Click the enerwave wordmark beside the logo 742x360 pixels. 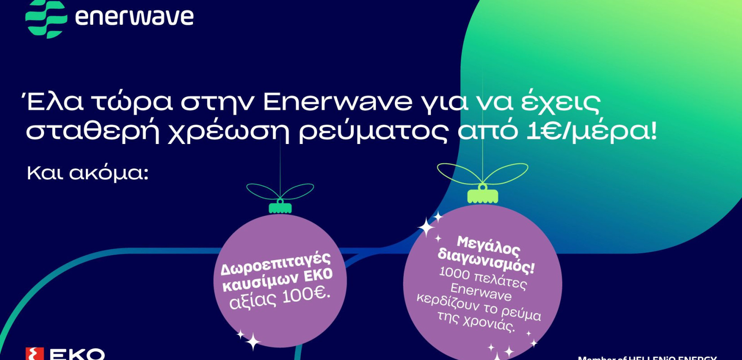coord(134,17)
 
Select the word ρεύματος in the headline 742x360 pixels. coord(373,133)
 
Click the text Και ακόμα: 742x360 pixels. coord(88,173)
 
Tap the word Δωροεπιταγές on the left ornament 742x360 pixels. coord(275,264)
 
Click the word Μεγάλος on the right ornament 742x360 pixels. coord(488,246)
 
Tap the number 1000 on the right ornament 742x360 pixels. coord(454,273)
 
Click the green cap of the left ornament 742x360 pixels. coord(280,208)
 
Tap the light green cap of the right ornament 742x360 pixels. coord(483,196)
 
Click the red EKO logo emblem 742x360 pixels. coord(35,354)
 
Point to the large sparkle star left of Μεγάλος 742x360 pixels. coord(426,227)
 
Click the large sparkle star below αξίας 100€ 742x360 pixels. coord(253,342)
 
